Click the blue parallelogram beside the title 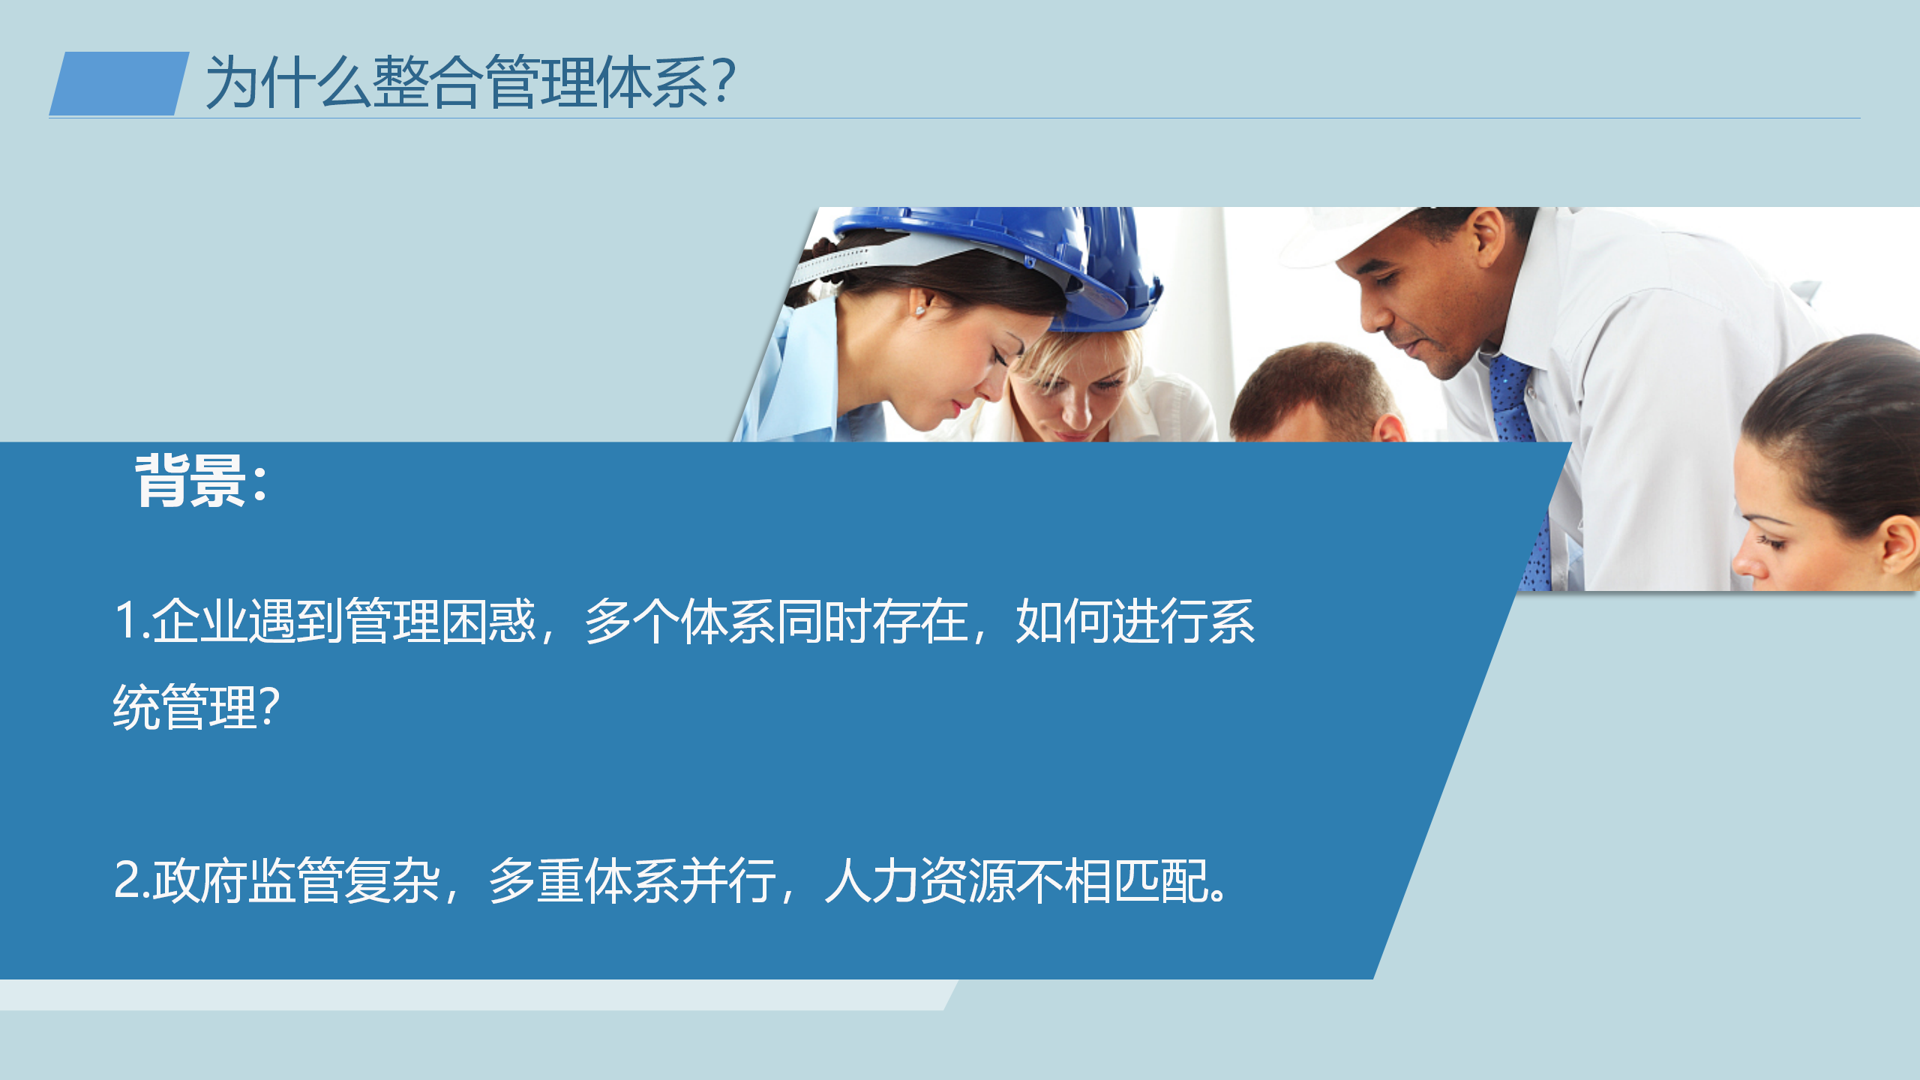119,83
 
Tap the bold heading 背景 190,481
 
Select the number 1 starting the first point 127,621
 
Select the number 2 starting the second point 128,879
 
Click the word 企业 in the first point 199,621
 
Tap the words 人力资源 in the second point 919,880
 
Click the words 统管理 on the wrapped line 184,706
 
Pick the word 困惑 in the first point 488,621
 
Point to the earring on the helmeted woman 920,310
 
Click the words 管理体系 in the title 596,82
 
